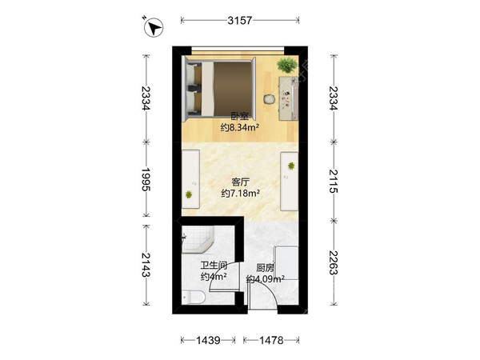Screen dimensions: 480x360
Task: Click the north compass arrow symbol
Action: pyautogui.click(x=154, y=27)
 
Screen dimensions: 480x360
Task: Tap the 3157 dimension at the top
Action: pyautogui.click(x=240, y=21)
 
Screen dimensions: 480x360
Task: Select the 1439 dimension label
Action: pyautogui.click(x=208, y=340)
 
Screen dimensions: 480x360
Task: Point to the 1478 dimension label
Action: pyautogui.click(x=271, y=340)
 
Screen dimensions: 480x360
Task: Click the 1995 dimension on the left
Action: pyautogui.click(x=146, y=179)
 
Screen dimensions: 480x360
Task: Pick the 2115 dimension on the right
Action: pyautogui.click(x=334, y=181)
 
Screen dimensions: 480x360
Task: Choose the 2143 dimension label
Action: pyautogui.click(x=146, y=265)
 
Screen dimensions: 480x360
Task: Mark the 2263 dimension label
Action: pyautogui.click(x=334, y=262)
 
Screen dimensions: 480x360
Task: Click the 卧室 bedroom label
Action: pyautogui.click(x=239, y=117)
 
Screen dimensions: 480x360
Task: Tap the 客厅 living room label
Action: pyautogui.click(x=240, y=182)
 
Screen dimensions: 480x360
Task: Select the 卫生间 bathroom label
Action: pyautogui.click(x=214, y=265)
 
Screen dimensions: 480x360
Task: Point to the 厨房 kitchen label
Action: pyautogui.click(x=265, y=268)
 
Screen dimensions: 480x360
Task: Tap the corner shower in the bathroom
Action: pyautogui.click(x=197, y=239)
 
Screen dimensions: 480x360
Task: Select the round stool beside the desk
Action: pyautogui.click(x=270, y=99)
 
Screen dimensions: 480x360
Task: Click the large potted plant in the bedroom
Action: pyautogui.click(x=287, y=65)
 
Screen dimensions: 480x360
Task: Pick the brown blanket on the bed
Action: pyautogui.click(x=233, y=89)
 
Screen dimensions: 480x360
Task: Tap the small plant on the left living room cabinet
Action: pyautogui.click(x=189, y=194)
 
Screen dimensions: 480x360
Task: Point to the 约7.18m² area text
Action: pyautogui.click(x=241, y=194)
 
